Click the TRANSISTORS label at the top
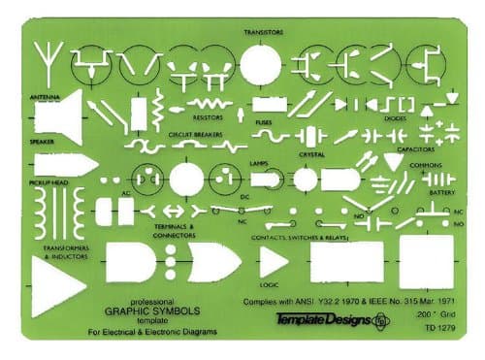click(x=262, y=31)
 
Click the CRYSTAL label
click(x=311, y=152)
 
